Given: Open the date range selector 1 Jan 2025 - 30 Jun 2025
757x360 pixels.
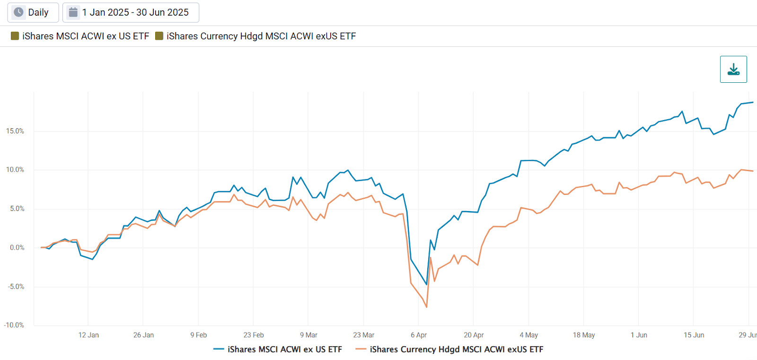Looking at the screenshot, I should pyautogui.click(x=131, y=12).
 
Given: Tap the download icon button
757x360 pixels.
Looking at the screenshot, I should pyautogui.click(x=733, y=70).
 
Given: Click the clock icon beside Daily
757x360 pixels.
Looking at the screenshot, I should pyautogui.click(x=18, y=12).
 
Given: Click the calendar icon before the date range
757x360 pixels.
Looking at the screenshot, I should pyautogui.click(x=73, y=12).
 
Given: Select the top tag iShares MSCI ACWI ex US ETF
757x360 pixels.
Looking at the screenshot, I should pyautogui.click(x=80, y=36).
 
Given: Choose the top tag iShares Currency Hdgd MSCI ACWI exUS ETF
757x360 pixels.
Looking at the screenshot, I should pyautogui.click(x=256, y=36).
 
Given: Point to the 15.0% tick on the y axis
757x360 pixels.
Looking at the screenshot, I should pyautogui.click(x=15, y=131).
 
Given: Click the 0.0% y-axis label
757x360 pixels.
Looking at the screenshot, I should pyautogui.click(x=17, y=247).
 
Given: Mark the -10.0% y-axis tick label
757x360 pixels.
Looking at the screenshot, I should pyautogui.click(x=14, y=325).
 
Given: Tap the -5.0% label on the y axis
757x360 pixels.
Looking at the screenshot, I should pyautogui.click(x=16, y=287).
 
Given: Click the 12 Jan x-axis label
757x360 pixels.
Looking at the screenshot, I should pyautogui.click(x=88, y=335).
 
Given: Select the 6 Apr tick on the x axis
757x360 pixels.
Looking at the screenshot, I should pyautogui.click(x=419, y=335).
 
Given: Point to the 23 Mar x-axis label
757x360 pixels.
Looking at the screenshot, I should pyautogui.click(x=363, y=335).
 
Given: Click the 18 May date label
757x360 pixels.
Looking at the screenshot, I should pyautogui.click(x=584, y=335).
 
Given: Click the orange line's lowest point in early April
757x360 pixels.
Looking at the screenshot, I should pyautogui.click(x=426, y=307).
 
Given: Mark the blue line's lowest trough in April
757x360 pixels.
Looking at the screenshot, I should pyautogui.click(x=426, y=284).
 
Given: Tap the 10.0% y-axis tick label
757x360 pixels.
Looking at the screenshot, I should pyautogui.click(x=15, y=170).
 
